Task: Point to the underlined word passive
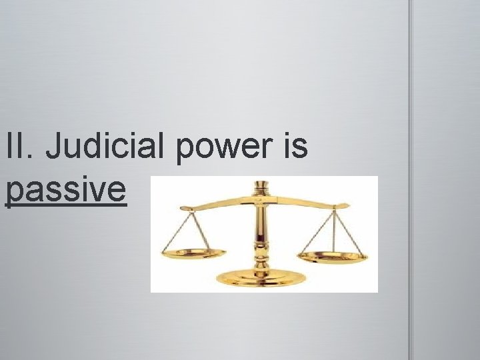tap(65, 190)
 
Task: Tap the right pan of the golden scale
tap(332, 256)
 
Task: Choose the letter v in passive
tap(99, 191)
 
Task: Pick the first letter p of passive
tap(13, 193)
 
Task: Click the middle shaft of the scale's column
tap(259, 227)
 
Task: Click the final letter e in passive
tap(117, 191)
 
